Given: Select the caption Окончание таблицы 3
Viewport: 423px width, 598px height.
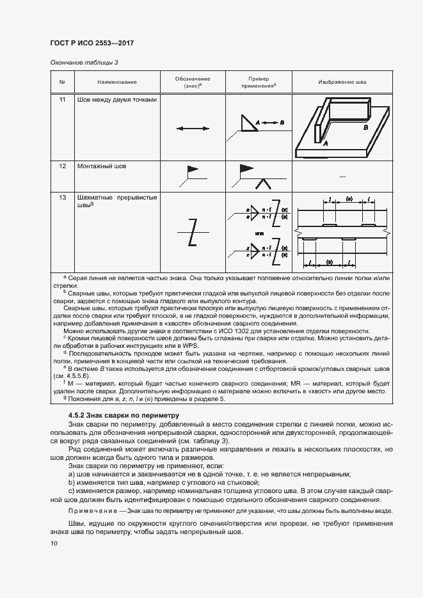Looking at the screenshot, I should click(x=84, y=62).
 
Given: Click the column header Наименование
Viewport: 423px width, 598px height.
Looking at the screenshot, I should click(x=117, y=83).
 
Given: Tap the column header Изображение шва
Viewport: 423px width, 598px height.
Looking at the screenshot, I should click(x=342, y=83).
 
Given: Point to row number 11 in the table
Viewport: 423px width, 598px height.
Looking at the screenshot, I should click(x=63, y=100).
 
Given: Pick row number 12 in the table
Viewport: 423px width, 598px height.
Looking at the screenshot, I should click(x=63, y=166).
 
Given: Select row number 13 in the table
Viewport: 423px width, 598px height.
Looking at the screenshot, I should click(x=63, y=198).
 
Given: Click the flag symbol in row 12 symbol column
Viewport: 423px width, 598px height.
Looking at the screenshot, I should click(x=191, y=170).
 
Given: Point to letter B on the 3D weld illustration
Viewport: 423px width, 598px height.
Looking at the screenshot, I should click(x=365, y=128).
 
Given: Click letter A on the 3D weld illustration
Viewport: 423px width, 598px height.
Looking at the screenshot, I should click(x=325, y=145).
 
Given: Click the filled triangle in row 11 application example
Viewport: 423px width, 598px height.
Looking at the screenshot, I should click(x=247, y=123).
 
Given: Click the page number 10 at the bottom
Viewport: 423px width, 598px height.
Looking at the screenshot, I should click(x=54, y=544).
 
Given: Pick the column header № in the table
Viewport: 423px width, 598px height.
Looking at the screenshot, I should click(x=63, y=83).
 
